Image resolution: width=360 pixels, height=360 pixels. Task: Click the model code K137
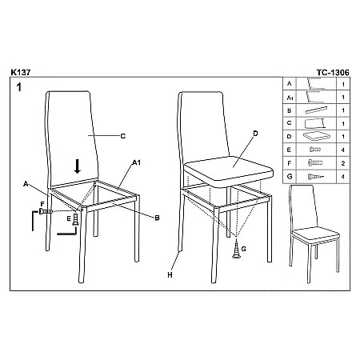[21, 72]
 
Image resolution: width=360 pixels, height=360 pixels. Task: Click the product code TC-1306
[333, 73]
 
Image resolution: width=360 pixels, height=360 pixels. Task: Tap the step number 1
[18, 87]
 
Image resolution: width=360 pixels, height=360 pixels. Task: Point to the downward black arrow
[78, 166]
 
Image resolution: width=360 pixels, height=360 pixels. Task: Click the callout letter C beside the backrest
[123, 136]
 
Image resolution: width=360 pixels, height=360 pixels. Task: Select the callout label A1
[137, 162]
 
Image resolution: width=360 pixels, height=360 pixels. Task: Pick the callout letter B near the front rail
[157, 218]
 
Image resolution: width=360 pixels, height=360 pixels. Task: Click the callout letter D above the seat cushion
[255, 134]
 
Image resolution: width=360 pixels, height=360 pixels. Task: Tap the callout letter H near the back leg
[170, 275]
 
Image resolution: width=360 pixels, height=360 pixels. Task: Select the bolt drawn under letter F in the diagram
[46, 211]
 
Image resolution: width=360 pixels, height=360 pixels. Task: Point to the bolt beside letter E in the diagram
[76, 220]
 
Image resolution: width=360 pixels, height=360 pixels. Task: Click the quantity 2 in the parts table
[343, 163]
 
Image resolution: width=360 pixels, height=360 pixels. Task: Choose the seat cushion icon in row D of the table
[316, 137]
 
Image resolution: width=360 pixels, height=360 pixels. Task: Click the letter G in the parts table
[290, 176]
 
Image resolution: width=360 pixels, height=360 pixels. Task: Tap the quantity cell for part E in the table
[343, 150]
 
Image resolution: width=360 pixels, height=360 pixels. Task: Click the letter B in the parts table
[290, 110]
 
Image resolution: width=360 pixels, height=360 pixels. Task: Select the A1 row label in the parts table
[290, 98]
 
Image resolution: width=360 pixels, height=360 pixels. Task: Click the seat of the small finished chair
[316, 234]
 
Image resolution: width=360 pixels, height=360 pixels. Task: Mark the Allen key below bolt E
[67, 232]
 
